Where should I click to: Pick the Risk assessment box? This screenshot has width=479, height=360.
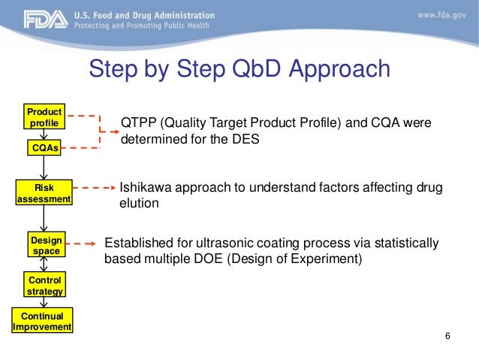44,193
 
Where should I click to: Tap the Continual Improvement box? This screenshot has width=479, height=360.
43,322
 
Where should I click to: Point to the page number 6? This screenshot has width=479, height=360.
447,335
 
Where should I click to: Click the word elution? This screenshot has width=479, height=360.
139,203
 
